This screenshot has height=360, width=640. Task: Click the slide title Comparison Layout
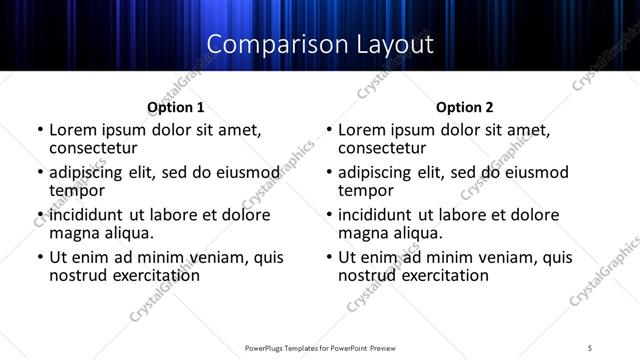(319, 45)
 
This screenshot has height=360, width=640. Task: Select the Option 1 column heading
(175, 107)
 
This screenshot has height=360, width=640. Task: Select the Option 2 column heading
(464, 107)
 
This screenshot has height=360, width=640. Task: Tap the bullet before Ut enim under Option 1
(40, 258)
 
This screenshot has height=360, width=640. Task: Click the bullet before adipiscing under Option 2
(329, 173)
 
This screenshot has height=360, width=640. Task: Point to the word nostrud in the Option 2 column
(369, 275)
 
